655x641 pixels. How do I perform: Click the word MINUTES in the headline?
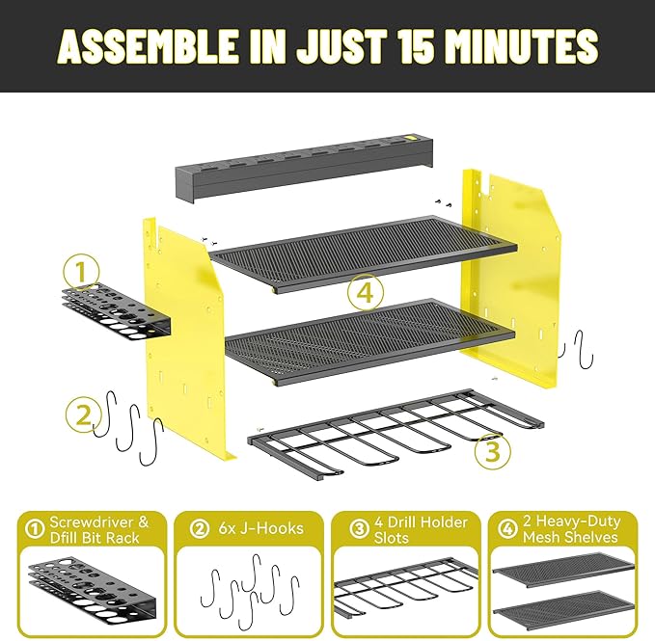522,45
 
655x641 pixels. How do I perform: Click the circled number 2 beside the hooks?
84,416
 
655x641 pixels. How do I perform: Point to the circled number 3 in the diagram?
492,451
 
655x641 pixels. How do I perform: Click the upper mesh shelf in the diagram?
362,251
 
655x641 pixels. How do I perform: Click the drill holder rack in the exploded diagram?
386,434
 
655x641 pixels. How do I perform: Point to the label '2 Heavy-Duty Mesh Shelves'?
569,529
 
